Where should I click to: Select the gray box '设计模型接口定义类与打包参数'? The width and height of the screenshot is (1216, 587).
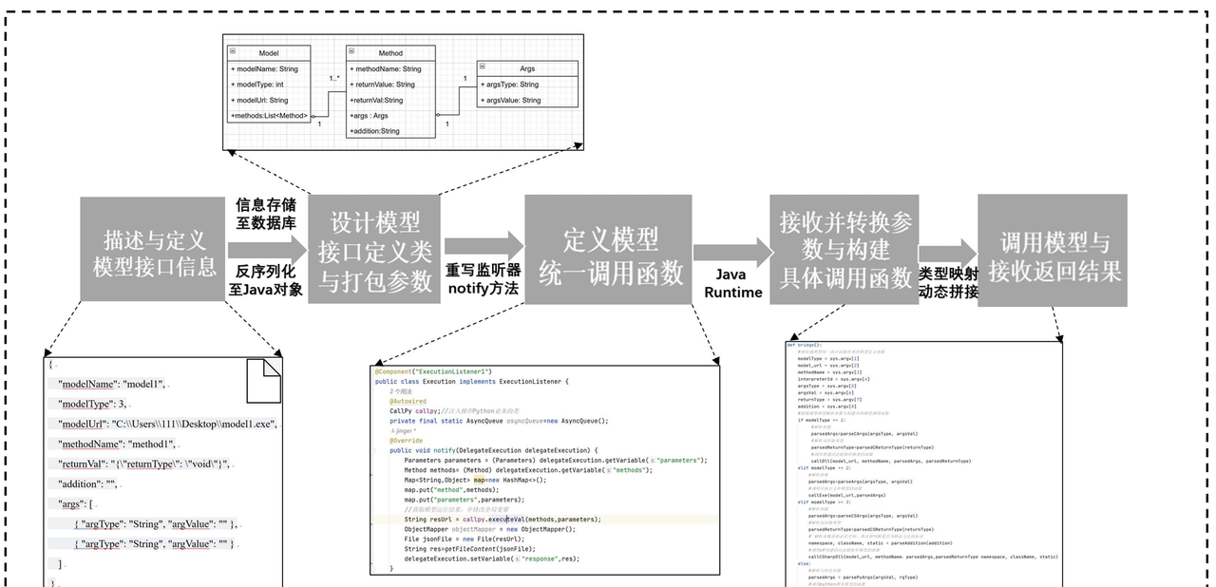(374, 250)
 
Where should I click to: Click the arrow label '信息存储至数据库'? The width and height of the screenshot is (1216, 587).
(265, 213)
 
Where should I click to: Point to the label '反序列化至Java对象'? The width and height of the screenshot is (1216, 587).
(265, 279)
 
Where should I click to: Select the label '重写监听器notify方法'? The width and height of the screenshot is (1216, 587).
(483, 278)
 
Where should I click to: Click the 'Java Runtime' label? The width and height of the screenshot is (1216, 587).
(732, 283)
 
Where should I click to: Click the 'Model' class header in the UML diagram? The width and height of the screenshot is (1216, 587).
(269, 54)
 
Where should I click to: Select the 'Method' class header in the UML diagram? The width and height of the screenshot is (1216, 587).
(390, 54)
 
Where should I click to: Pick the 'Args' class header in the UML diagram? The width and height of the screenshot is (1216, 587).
(527, 68)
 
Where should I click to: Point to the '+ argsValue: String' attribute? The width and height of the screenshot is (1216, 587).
(511, 100)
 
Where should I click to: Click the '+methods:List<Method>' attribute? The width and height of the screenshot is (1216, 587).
(269, 115)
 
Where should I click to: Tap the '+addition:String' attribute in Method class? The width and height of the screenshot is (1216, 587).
(375, 130)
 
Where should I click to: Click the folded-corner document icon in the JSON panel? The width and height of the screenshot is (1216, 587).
(264, 379)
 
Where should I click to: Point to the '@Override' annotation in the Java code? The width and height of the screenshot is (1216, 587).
(406, 440)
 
